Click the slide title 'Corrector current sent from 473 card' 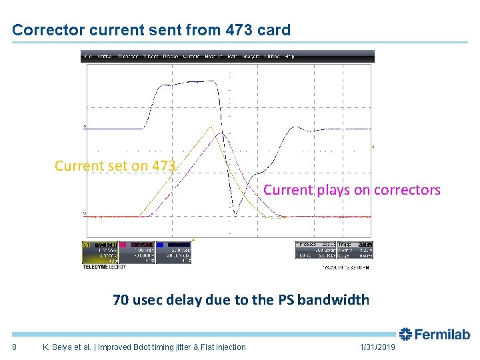click(151, 30)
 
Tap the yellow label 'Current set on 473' click(115, 165)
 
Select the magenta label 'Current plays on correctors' click(351, 190)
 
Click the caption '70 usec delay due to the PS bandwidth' click(241, 299)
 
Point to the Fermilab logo click(435, 335)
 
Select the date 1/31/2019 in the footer click(377, 347)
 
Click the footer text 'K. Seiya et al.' click(67, 347)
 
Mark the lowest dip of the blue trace click(235, 215)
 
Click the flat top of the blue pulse click(190, 82)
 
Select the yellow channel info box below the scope click(100, 251)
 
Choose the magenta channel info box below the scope click(137, 251)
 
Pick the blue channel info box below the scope click(174, 251)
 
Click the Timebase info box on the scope click(315, 249)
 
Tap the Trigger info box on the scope click(355, 249)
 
